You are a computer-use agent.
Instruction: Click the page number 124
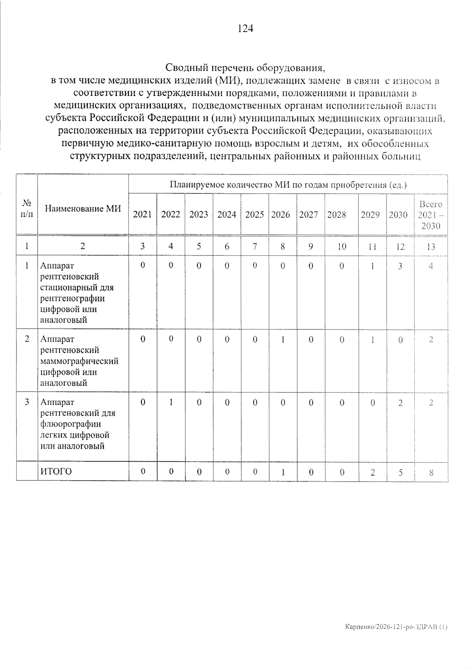tap(245, 29)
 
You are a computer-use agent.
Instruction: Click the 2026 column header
tap(281, 215)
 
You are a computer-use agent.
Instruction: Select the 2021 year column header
tap(142, 215)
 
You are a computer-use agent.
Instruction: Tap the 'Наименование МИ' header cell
tap(83, 209)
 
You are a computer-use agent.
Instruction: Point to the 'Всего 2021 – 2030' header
tap(430, 215)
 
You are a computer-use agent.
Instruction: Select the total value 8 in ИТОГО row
tap(431, 473)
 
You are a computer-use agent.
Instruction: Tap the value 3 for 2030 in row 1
tap(400, 266)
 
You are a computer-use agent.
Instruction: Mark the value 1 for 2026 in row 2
tap(282, 340)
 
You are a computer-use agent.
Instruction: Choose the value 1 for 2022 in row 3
tap(171, 403)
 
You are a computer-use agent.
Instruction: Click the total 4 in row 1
tap(431, 266)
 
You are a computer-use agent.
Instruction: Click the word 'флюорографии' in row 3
tap(70, 424)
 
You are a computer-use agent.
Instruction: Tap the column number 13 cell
tap(431, 246)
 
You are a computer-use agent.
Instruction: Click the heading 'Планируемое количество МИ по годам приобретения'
tap(288, 185)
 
